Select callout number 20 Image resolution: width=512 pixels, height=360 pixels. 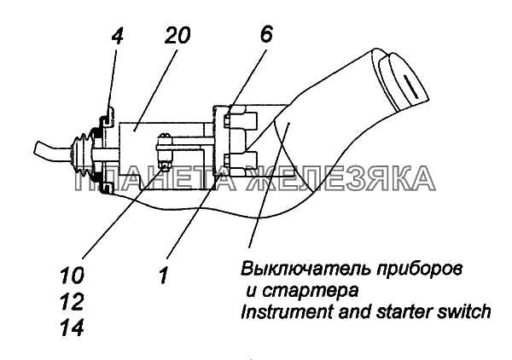(177, 36)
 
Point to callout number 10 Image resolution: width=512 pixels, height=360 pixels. (74, 276)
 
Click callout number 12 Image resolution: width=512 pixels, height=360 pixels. (74, 301)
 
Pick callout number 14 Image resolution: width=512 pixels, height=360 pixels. (74, 327)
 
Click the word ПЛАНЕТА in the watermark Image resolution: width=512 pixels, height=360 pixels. (146, 180)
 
